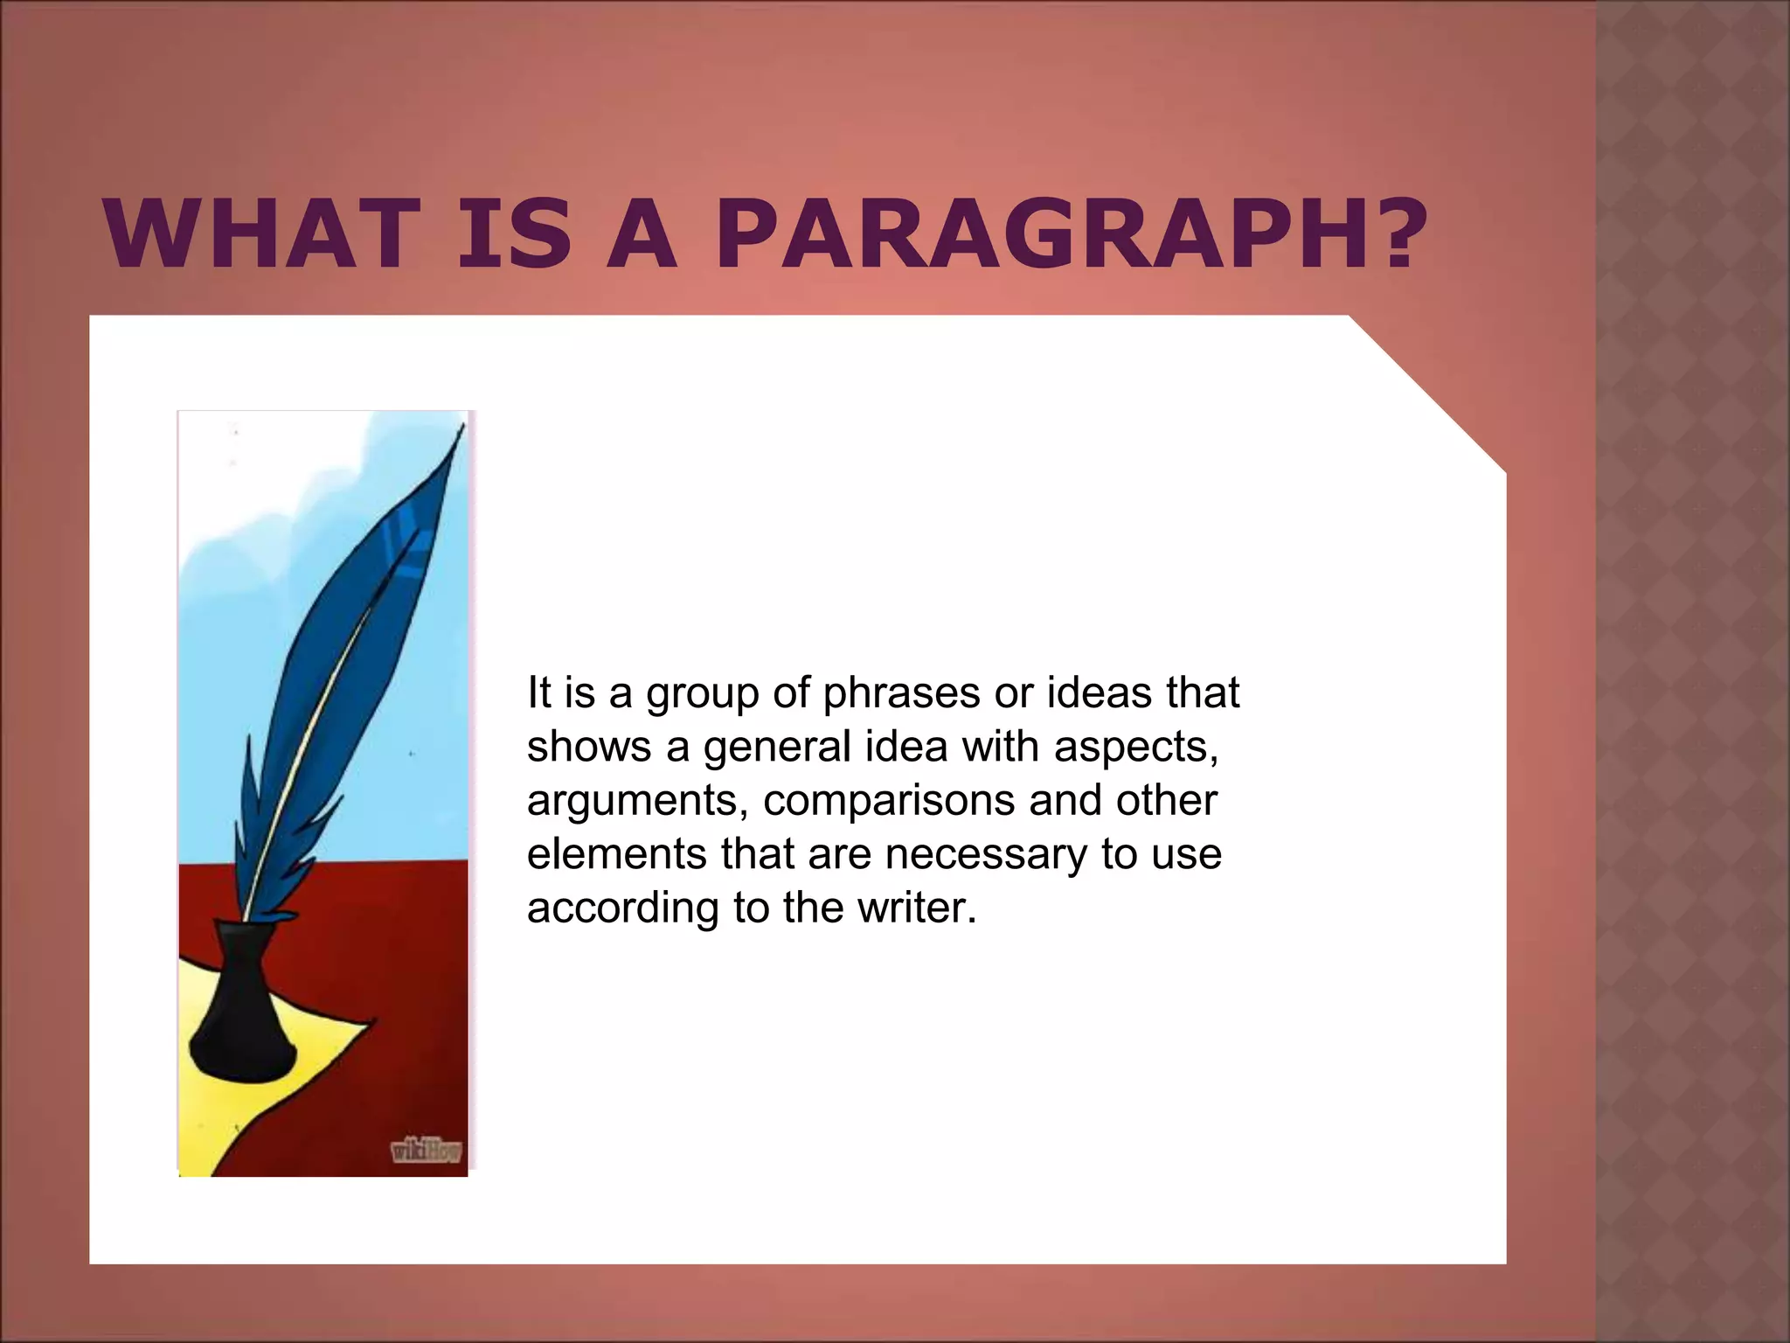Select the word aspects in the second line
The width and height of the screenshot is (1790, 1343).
[x=1134, y=748]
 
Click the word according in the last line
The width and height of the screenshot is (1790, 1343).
[x=622, y=909]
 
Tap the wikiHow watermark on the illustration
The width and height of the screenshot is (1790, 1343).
[x=425, y=1152]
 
